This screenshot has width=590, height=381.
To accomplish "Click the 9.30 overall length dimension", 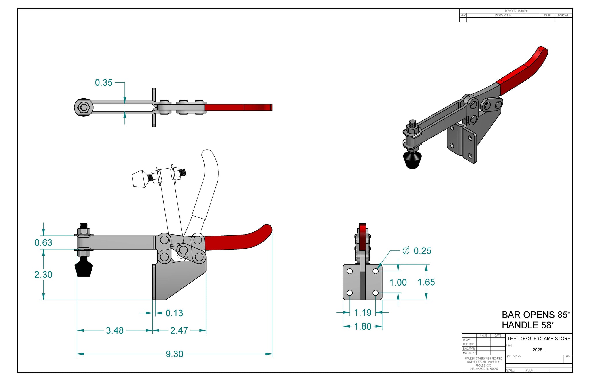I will [174, 354].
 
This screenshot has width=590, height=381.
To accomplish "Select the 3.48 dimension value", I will [115, 330].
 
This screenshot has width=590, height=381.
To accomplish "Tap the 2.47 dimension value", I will [179, 330].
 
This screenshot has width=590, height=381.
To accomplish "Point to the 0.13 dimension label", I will [174, 313].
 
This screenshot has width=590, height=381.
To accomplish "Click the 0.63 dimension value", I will [43, 243].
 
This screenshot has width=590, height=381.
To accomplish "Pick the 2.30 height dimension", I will [43, 275].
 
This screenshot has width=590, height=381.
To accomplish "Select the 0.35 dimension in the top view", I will [104, 83].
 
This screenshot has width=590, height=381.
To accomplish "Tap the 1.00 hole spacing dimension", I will [398, 282].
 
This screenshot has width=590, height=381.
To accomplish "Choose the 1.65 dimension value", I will [426, 282].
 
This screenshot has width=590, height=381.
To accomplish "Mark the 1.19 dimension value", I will [362, 313].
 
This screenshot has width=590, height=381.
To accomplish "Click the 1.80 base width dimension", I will [362, 326].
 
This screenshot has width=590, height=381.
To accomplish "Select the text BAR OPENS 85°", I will [536, 315].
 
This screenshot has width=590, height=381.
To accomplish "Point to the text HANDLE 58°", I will [527, 325].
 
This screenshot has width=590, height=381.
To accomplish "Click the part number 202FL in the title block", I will [538, 350].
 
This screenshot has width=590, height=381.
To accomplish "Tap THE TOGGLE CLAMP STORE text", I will [539, 338].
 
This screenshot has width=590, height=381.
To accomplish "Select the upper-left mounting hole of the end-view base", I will [350, 271].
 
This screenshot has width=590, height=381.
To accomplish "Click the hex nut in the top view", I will [84, 108].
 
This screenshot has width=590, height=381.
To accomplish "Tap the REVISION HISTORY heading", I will [516, 11].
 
